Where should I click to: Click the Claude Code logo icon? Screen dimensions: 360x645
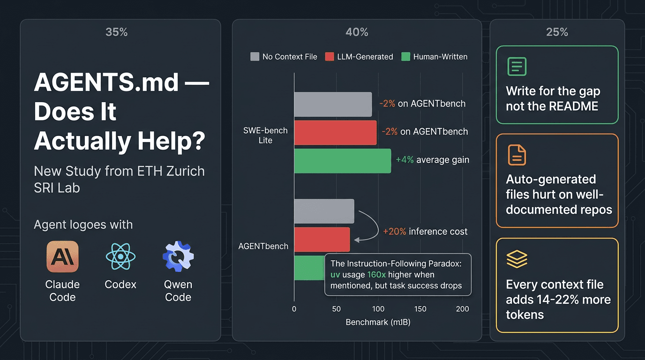(x=62, y=256)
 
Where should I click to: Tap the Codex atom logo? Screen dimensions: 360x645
(x=120, y=256)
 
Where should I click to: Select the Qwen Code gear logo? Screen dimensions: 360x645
(x=178, y=256)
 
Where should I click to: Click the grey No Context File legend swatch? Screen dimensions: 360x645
(x=255, y=57)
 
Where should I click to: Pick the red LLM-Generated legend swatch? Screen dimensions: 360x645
(x=329, y=57)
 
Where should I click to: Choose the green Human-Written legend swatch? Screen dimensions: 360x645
(x=405, y=57)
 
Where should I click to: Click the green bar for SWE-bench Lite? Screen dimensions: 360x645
(x=342, y=161)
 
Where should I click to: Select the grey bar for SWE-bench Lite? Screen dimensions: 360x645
(x=333, y=104)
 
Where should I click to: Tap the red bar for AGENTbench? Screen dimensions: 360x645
(x=322, y=240)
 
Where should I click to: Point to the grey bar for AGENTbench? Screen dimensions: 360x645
(x=324, y=211)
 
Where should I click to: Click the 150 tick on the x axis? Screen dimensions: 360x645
(x=420, y=309)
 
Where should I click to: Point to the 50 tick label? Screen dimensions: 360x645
(x=336, y=309)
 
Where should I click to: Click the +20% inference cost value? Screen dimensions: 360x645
(x=394, y=231)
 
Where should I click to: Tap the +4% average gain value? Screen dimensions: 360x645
(x=405, y=159)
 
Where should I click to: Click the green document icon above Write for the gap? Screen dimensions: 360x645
(x=517, y=67)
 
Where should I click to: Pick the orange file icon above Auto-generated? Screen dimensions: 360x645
(x=517, y=155)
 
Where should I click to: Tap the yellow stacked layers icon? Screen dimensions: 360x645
(x=517, y=259)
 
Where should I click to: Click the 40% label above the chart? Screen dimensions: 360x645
(x=357, y=32)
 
